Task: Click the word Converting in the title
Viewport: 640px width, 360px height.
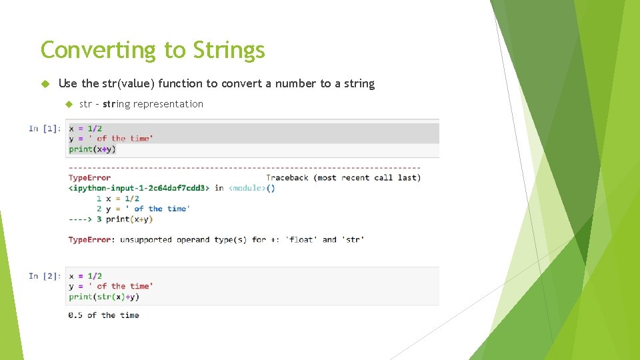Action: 97,50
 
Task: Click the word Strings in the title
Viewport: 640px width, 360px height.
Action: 229,50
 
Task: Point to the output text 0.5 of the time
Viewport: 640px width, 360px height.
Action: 103,315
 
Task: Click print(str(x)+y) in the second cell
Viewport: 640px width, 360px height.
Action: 103,297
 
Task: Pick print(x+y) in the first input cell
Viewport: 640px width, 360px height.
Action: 92,149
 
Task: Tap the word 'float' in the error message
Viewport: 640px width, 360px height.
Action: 301,239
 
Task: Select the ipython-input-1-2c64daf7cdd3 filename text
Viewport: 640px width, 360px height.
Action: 140,188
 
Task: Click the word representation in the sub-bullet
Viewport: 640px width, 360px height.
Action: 168,104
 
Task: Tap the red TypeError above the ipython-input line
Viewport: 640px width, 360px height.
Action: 89,177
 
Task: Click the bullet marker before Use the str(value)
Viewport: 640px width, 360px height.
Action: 45,83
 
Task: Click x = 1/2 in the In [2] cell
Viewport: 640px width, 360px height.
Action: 85,276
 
